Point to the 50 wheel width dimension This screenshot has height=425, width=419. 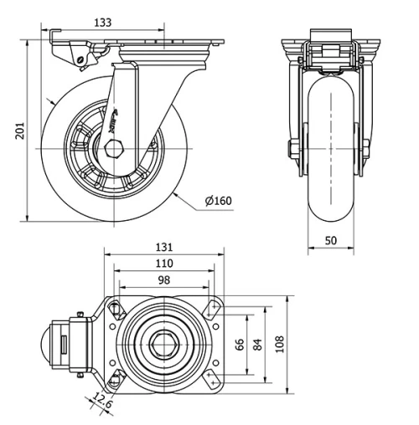(x=330, y=240)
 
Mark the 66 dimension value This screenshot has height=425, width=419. (x=241, y=344)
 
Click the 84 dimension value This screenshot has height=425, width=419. (x=257, y=344)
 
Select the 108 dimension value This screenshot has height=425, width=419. (x=278, y=344)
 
